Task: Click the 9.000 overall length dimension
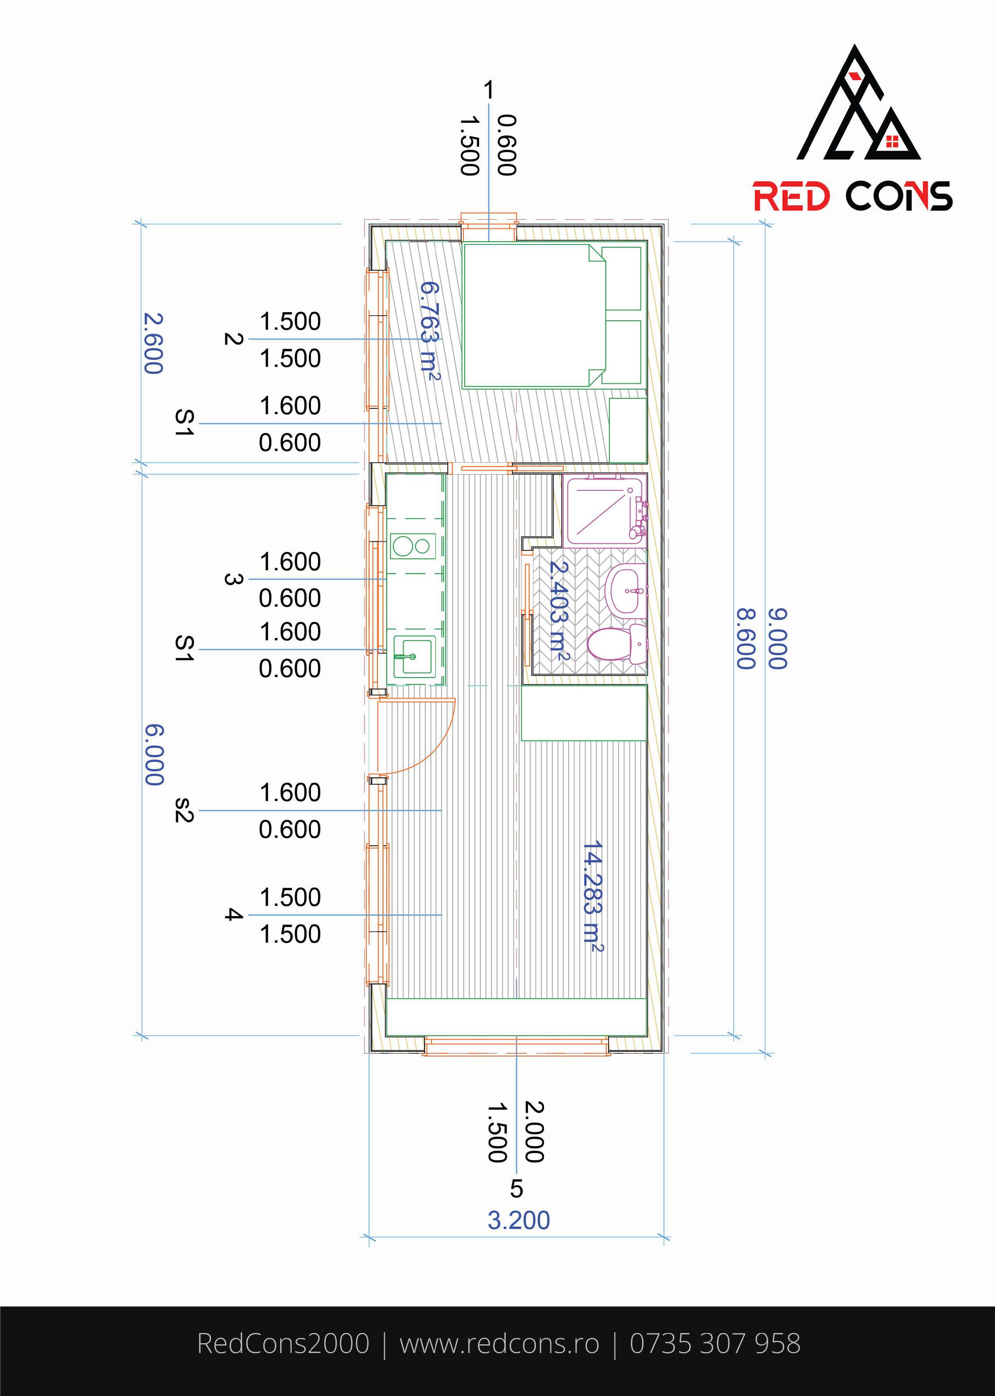click(777, 638)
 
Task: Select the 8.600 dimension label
click(745, 638)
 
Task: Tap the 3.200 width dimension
click(518, 1220)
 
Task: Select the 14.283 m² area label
click(592, 896)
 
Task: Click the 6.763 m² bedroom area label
click(430, 331)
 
